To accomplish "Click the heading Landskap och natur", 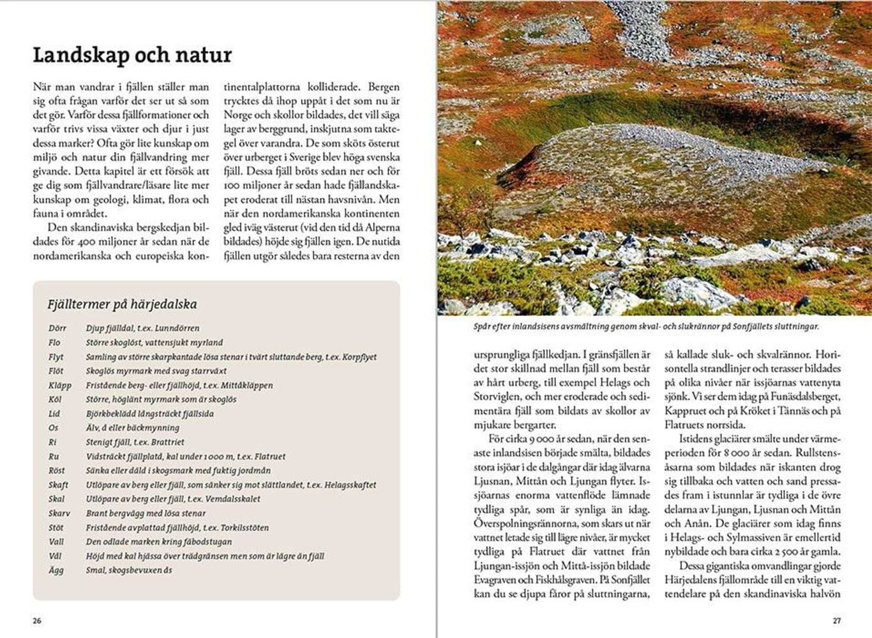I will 132,55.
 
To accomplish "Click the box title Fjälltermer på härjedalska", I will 122,304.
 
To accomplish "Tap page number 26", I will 37,621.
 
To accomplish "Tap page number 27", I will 837,621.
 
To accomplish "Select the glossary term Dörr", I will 57,329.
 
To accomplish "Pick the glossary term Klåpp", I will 59,385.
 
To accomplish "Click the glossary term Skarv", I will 59,514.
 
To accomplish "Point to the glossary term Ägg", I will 56,570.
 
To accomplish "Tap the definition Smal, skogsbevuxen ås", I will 128,570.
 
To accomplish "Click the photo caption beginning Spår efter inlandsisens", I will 645,326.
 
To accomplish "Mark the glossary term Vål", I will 56,556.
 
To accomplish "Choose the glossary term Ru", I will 54,457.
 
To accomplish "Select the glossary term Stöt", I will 56,528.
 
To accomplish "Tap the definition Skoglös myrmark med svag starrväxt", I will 156,371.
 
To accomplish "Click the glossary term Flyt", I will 56,357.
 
